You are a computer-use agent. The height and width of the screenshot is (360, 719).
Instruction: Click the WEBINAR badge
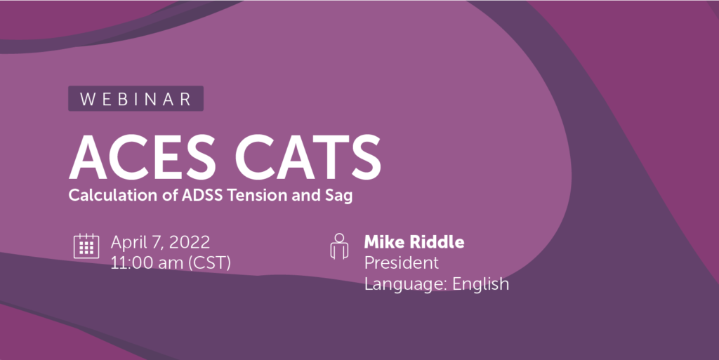[136, 99]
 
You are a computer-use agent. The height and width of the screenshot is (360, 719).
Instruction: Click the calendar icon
[85, 246]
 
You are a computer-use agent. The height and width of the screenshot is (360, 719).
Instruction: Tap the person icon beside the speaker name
[339, 246]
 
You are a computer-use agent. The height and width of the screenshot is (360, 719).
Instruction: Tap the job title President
[401, 263]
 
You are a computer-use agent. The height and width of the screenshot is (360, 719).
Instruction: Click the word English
[481, 284]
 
